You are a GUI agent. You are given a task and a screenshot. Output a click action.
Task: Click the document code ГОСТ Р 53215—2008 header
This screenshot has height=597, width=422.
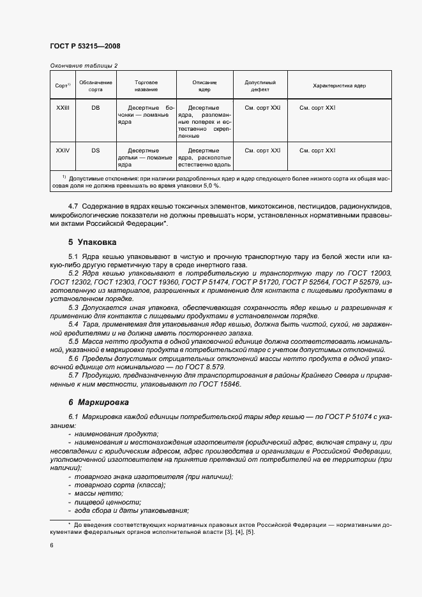tap(84, 47)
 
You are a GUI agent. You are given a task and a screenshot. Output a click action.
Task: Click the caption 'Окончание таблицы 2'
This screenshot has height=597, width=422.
tap(83, 66)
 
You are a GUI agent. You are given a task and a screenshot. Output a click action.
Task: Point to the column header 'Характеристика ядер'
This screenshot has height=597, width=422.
tap(339, 86)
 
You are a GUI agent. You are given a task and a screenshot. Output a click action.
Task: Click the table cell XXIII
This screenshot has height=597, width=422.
tap(63, 108)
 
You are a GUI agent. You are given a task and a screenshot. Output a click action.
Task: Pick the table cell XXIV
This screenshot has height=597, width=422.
tap(63, 151)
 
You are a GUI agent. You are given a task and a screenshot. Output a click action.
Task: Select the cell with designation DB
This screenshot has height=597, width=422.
tap(95, 108)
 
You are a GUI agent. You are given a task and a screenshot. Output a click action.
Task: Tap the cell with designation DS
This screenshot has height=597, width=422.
tap(95, 151)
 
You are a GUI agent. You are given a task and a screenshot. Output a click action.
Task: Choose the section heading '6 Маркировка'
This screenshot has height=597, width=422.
tap(98, 402)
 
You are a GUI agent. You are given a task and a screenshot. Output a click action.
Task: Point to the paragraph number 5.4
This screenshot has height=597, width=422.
tap(73, 324)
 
